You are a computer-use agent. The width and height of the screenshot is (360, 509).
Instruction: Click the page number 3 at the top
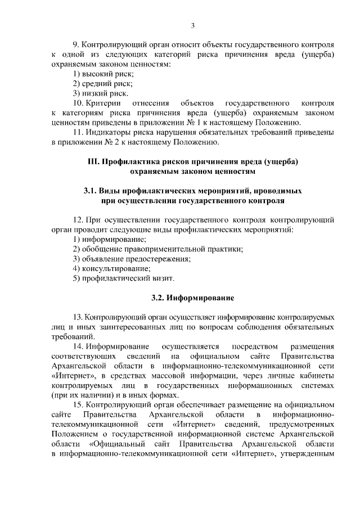(x=192, y=25)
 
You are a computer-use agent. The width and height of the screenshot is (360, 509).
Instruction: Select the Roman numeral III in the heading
(x=93, y=161)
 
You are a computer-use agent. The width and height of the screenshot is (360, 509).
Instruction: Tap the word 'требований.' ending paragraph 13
(x=72, y=336)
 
